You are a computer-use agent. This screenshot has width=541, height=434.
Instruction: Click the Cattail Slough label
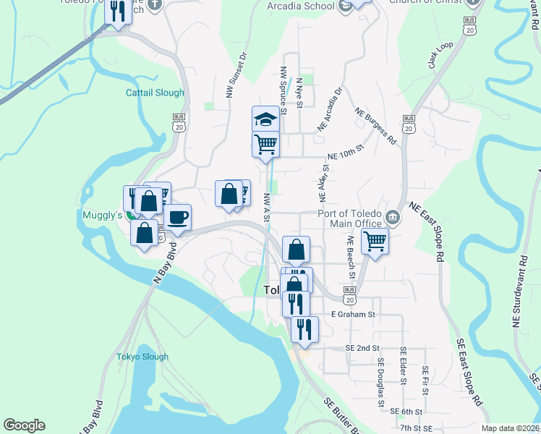tap(155, 93)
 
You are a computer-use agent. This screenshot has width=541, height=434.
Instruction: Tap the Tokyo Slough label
tap(142, 357)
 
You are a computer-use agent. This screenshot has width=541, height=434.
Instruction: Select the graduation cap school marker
tap(265, 119)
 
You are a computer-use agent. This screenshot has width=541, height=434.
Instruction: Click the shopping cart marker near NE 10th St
tap(265, 144)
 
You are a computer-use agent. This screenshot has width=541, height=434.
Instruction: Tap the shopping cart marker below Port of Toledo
tap(375, 241)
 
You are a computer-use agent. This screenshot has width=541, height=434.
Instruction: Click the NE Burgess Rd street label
tap(376, 124)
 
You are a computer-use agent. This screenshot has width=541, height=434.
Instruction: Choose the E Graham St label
tap(353, 315)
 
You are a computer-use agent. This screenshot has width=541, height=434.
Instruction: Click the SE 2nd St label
tap(362, 348)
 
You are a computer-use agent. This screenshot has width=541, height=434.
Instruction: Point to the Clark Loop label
tap(440, 55)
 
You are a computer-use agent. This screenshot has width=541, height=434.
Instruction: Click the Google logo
tap(24, 425)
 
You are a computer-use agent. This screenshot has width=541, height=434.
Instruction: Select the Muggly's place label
tap(101, 215)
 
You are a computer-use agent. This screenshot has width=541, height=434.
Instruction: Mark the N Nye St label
tap(298, 92)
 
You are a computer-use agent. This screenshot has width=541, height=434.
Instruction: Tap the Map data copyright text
tap(510, 428)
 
